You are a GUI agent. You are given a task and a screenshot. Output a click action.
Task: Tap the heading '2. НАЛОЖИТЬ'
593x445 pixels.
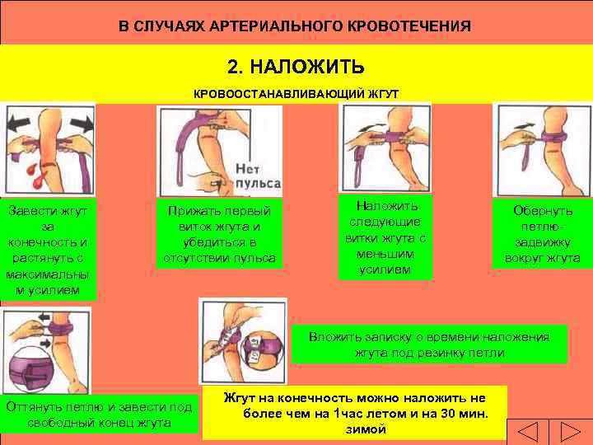(296, 66)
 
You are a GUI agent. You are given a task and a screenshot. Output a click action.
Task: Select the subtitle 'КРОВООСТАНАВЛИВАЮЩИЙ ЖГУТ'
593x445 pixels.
(296, 94)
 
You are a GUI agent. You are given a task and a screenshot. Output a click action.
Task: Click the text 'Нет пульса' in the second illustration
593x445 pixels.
(257, 175)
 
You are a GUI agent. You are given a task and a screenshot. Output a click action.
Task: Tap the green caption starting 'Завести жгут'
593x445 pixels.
(49, 249)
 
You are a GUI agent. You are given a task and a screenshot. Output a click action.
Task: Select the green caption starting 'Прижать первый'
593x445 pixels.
(219, 234)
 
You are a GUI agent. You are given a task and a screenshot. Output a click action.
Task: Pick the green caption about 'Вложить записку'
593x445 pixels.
(429, 344)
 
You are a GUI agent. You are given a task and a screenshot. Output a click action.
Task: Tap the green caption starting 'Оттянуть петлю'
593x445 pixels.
(99, 415)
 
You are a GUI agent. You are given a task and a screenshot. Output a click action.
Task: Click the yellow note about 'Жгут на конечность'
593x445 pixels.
(356, 413)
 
